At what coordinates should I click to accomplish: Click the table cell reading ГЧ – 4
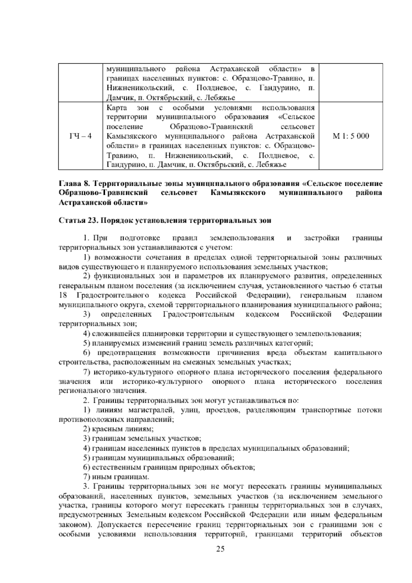pos(80,136)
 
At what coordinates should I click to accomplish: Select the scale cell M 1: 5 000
pos(351,136)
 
